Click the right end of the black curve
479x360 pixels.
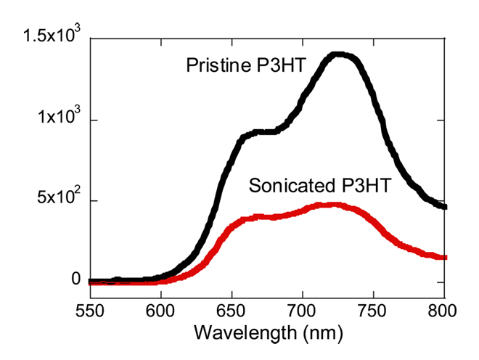click(445, 207)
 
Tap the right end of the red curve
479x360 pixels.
click(445, 257)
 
